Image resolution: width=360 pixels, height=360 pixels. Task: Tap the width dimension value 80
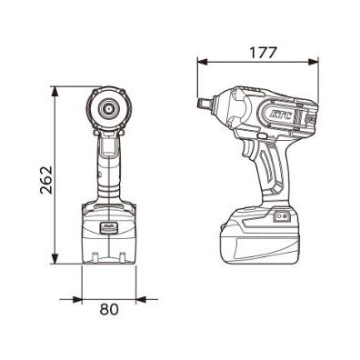[109, 309]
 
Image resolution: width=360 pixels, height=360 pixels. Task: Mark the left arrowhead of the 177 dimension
[201, 64]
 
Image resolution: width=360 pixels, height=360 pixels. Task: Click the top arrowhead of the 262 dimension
[55, 90]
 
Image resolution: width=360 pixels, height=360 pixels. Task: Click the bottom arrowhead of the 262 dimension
[55, 264]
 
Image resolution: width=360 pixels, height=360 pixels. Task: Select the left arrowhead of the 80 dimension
[85, 298]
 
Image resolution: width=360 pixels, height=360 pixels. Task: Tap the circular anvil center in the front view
[108, 108]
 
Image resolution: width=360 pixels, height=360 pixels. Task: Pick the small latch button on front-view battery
[108, 226]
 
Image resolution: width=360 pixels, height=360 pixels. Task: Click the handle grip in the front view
[108, 168]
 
